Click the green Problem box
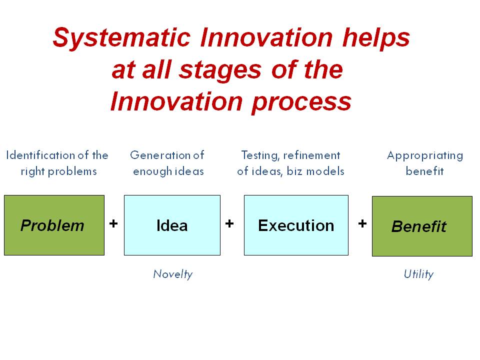click(54, 225)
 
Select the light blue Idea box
click(172, 225)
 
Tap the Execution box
click(296, 225)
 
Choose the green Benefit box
click(422, 226)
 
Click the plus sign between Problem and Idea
click(113, 223)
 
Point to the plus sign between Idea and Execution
click(229, 223)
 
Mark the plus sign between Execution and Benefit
click(362, 223)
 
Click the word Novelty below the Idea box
click(172, 274)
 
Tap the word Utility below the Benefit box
click(418, 274)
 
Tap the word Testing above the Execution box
click(259, 155)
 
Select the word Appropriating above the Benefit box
click(425, 155)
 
